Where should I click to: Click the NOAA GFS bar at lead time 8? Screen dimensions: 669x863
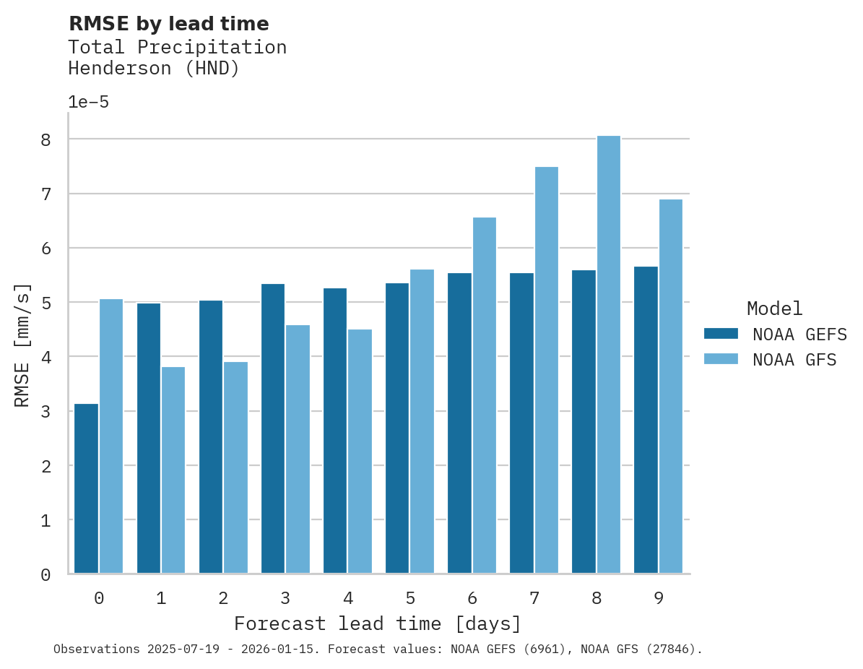(608, 355)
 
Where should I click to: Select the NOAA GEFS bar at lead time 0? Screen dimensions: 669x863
(86, 488)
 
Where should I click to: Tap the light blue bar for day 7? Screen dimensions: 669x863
(546, 370)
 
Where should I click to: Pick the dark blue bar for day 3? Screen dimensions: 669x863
(273, 428)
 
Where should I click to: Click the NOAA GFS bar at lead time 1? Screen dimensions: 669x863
(173, 470)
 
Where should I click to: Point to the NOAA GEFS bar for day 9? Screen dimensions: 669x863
(646, 420)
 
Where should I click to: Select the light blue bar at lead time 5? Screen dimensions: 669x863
(422, 421)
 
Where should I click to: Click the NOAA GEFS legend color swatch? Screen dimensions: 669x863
(721, 333)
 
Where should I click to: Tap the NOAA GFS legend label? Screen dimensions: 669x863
(794, 360)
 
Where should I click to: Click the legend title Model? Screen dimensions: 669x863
(774, 308)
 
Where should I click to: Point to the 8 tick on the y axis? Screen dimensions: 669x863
(45, 139)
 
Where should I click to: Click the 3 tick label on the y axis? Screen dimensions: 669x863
(45, 412)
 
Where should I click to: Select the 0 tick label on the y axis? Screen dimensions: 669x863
(45, 575)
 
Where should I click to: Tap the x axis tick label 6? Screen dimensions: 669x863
(472, 598)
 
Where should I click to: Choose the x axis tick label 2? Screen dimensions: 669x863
(223, 598)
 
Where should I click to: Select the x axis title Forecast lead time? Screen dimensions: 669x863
(377, 623)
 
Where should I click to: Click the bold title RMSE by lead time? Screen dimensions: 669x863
(168, 24)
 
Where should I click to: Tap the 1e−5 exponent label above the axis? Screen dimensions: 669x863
(88, 103)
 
